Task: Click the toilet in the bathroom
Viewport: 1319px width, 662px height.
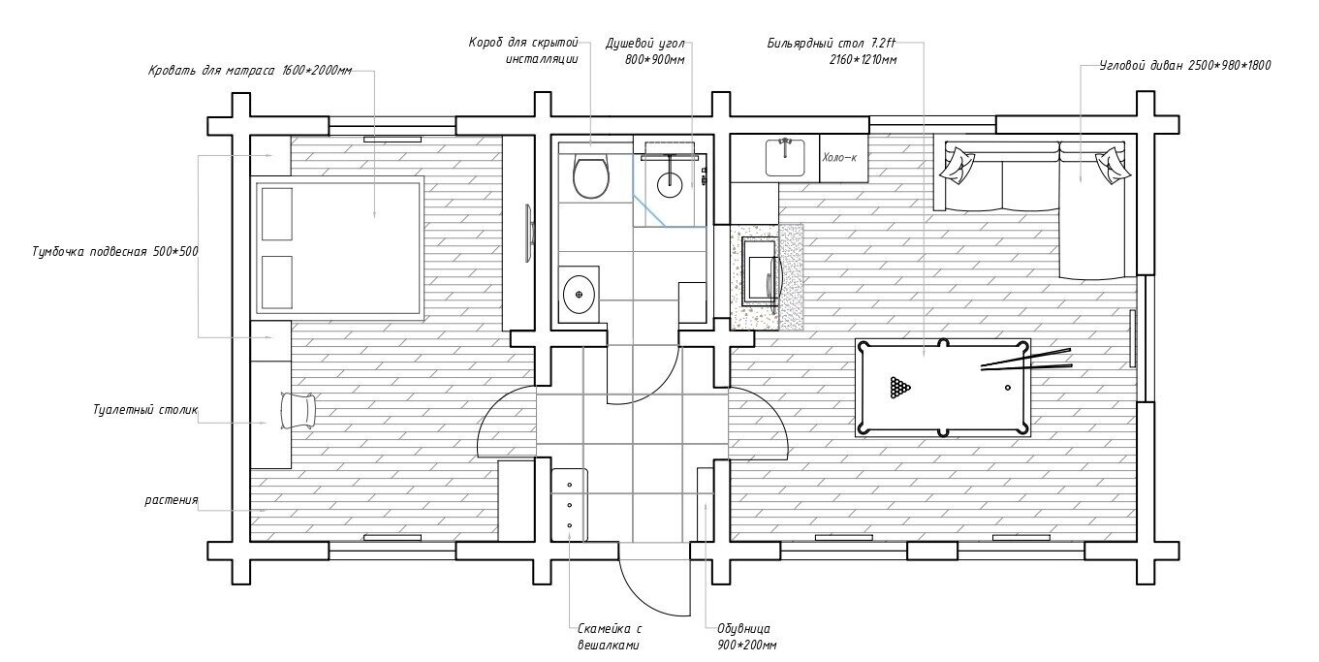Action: click(x=591, y=175)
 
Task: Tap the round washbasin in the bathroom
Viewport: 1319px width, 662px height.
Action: click(x=579, y=294)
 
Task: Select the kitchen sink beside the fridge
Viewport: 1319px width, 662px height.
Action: click(x=786, y=157)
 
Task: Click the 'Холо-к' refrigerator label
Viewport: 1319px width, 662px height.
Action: click(x=839, y=158)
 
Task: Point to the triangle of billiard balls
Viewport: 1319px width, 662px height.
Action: click(x=899, y=387)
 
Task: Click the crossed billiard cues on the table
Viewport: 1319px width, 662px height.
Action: click(x=1025, y=360)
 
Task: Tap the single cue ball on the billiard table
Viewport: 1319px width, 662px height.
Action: click(x=1008, y=388)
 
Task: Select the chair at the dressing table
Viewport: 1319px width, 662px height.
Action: click(x=298, y=409)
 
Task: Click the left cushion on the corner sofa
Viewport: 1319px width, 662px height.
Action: click(x=957, y=164)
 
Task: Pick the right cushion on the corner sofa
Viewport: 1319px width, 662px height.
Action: click(x=1113, y=165)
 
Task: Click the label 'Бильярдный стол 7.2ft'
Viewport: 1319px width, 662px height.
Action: click(x=832, y=44)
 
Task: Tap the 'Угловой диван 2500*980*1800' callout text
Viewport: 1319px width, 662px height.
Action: click(x=1184, y=65)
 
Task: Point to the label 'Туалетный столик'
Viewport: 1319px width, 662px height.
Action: click(x=145, y=409)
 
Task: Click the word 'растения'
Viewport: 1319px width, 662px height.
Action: click(x=172, y=501)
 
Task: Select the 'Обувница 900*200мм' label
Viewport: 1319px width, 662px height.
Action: click(x=746, y=637)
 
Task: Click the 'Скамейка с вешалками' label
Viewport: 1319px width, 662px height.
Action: click(x=609, y=637)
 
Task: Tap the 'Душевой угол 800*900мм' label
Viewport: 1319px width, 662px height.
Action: click(x=645, y=51)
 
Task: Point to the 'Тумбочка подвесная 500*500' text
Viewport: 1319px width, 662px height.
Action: click(x=115, y=252)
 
